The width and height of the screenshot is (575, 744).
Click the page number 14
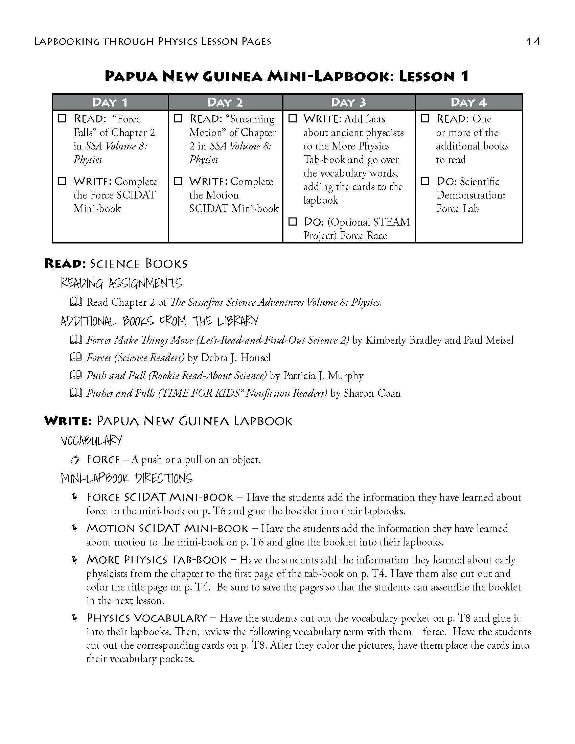533,42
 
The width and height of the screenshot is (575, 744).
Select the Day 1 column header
110,102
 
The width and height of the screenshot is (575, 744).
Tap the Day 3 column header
348,102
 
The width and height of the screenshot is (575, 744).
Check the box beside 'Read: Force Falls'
62,119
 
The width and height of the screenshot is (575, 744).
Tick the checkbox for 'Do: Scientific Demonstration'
425,181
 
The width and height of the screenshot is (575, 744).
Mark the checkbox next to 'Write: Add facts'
293,119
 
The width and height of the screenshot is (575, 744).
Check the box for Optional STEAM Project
293,222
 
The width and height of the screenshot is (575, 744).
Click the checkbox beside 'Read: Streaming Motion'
178,119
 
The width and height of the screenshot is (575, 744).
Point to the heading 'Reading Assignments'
122,283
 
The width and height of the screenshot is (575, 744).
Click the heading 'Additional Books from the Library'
159,321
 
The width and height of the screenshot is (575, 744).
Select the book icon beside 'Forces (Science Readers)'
76,357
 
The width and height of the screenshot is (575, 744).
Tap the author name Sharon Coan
372,393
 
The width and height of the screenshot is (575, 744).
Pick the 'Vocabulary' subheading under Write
91,440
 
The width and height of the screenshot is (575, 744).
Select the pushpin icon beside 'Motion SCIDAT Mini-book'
74,528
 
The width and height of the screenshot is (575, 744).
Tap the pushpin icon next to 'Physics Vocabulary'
74,618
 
